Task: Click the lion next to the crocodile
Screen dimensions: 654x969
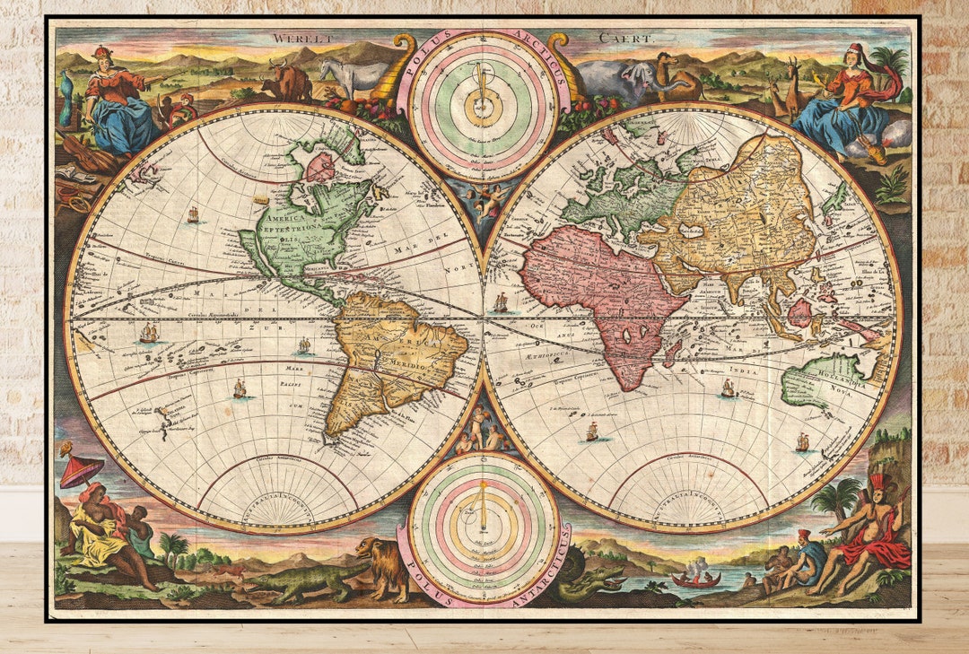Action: pos(383,565)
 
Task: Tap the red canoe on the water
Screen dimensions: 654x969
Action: pos(695,580)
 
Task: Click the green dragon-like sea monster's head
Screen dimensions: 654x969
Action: pos(611,582)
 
